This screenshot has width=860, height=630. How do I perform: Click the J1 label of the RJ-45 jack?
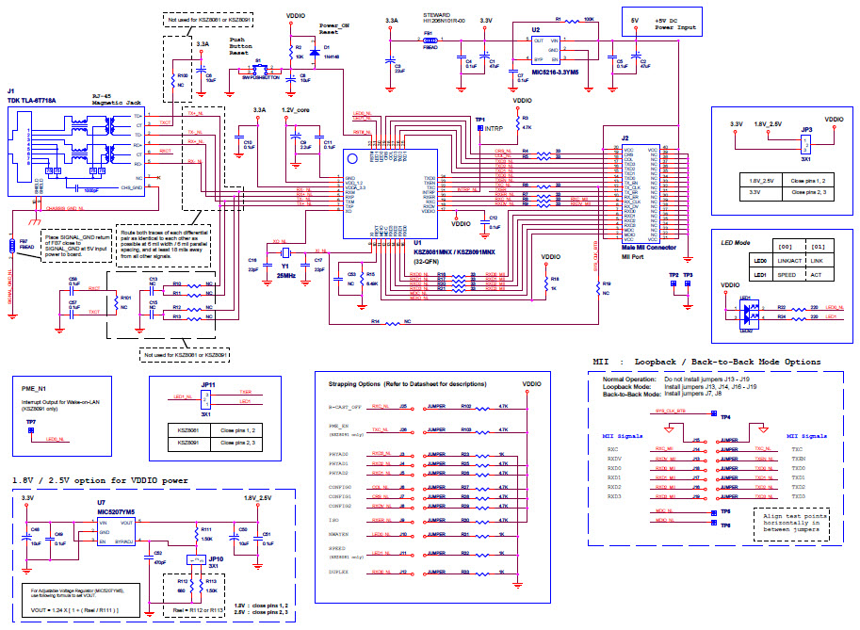click(11, 90)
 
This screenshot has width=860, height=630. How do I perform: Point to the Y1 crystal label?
click(284, 266)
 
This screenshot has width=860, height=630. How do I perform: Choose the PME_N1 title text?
click(34, 387)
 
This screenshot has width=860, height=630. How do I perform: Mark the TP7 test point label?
click(31, 422)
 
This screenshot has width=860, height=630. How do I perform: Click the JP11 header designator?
click(207, 384)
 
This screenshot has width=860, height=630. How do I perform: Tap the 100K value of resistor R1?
click(589, 19)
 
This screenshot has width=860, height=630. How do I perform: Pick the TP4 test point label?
click(724, 416)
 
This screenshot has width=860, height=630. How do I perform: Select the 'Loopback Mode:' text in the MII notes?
click(626, 386)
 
